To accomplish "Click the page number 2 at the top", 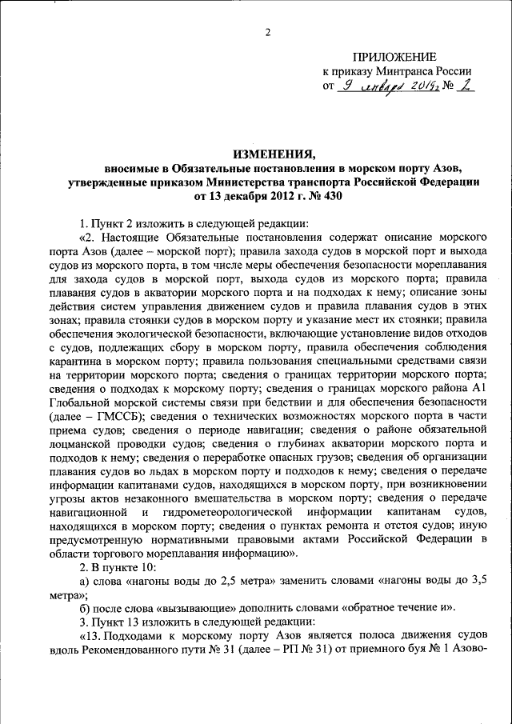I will pyautogui.click(x=267, y=33).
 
